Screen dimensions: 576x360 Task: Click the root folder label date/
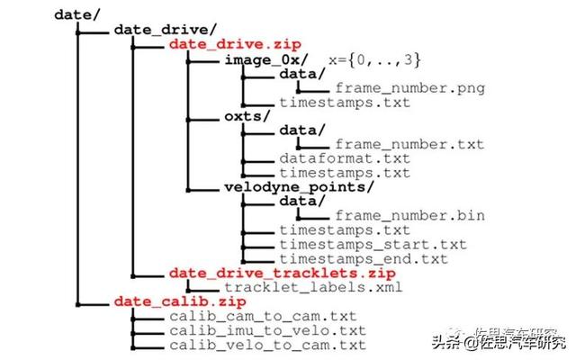click(77, 14)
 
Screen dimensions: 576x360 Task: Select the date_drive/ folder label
click(166, 30)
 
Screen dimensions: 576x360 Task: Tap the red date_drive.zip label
click(235, 44)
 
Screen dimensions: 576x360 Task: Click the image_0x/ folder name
click(266, 59)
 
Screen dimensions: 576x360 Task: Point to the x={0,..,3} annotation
click(374, 59)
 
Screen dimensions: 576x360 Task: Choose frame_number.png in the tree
click(410, 88)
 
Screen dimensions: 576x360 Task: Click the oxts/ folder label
click(247, 116)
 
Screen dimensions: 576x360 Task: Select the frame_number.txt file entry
click(410, 144)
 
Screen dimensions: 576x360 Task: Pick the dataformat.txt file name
click(345, 158)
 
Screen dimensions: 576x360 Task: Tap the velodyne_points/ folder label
click(299, 187)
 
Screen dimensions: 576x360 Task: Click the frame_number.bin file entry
click(410, 216)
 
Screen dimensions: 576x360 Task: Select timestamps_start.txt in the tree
click(373, 245)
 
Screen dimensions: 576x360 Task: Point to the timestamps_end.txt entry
click(364, 259)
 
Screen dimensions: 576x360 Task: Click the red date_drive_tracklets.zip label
click(283, 274)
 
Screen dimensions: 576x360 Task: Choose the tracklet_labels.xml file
click(313, 287)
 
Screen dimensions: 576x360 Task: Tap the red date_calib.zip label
click(180, 302)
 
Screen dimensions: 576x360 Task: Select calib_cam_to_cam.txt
click(263, 316)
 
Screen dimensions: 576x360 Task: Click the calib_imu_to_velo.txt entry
click(268, 330)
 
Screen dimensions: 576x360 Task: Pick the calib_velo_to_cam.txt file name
click(268, 346)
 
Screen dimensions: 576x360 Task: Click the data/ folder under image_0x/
click(302, 74)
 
